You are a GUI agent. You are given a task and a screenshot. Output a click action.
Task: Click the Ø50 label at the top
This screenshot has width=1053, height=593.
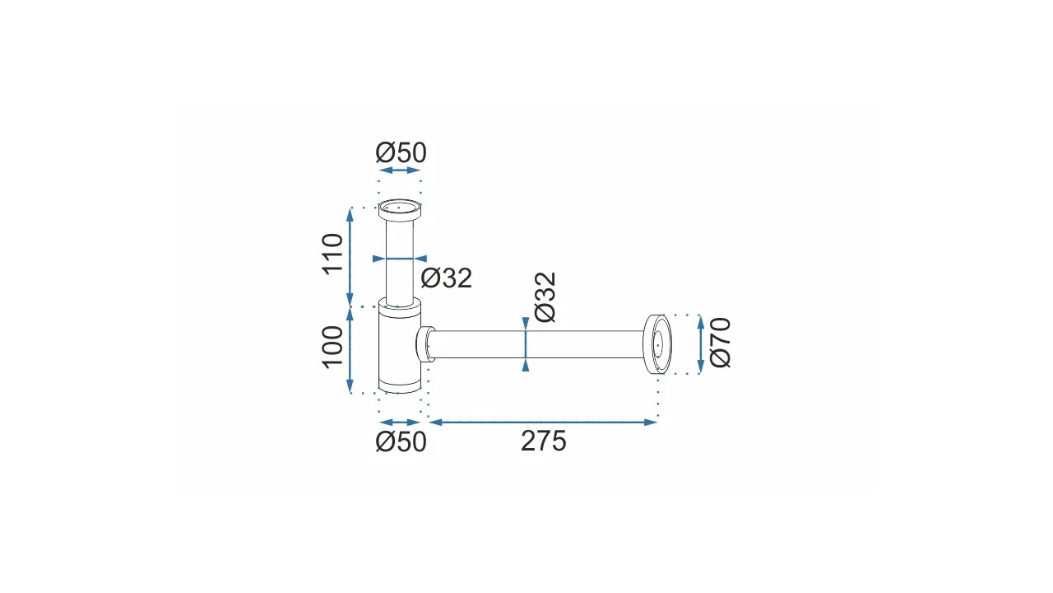[x=401, y=152]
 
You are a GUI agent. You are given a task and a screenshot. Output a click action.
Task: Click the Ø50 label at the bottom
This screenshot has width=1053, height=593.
[x=401, y=442]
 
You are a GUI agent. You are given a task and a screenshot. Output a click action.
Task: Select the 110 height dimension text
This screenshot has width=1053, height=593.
[x=333, y=254]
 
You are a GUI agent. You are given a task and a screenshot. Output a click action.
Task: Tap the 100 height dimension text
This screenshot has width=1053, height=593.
[x=333, y=347]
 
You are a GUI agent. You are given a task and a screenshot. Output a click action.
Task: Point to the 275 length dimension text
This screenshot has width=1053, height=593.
[x=544, y=441]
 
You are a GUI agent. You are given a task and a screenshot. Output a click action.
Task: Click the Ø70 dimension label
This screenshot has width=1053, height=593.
[x=720, y=343]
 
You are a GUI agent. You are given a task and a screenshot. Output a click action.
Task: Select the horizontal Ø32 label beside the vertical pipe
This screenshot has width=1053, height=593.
[x=446, y=278]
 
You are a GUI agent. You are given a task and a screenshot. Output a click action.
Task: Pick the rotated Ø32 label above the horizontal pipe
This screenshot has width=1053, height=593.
[x=545, y=297]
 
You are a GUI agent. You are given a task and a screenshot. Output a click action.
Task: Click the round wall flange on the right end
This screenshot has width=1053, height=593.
[x=657, y=344]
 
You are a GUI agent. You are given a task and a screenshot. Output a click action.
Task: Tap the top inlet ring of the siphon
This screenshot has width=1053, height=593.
[x=400, y=209]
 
